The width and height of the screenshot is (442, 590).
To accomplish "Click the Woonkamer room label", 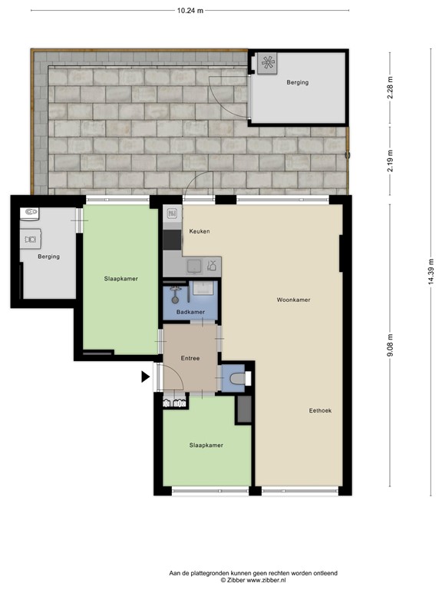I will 293,300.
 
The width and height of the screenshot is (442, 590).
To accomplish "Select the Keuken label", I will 199,231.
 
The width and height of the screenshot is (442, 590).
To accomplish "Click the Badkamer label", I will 190,312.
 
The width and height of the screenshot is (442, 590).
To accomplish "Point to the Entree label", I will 190,358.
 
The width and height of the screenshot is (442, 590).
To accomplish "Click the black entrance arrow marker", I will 146,377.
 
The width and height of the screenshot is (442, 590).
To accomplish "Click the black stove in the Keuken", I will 171,240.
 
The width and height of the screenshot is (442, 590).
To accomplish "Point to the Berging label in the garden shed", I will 298,82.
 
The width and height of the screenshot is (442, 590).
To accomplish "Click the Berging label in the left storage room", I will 48,257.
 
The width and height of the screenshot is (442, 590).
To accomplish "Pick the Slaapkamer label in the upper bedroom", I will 121,278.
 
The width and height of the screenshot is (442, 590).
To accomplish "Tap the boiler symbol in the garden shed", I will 269,65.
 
